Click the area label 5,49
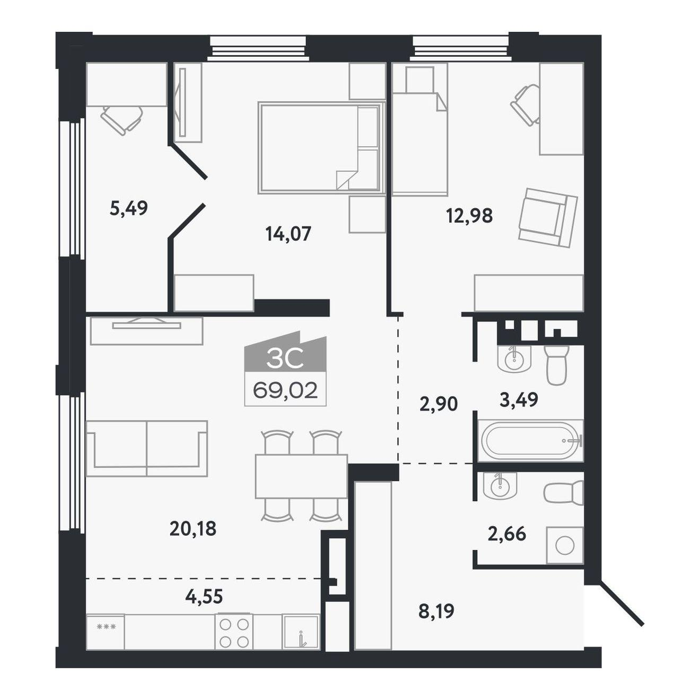point(128,209)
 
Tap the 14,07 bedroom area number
point(288,233)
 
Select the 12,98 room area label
point(469,216)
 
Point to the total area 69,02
point(285,391)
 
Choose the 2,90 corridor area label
point(438,404)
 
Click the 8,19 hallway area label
point(436,611)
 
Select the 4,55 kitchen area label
point(204,596)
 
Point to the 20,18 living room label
point(192,529)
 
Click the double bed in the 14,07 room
point(321,148)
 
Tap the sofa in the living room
point(147,449)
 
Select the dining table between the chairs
point(301,477)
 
